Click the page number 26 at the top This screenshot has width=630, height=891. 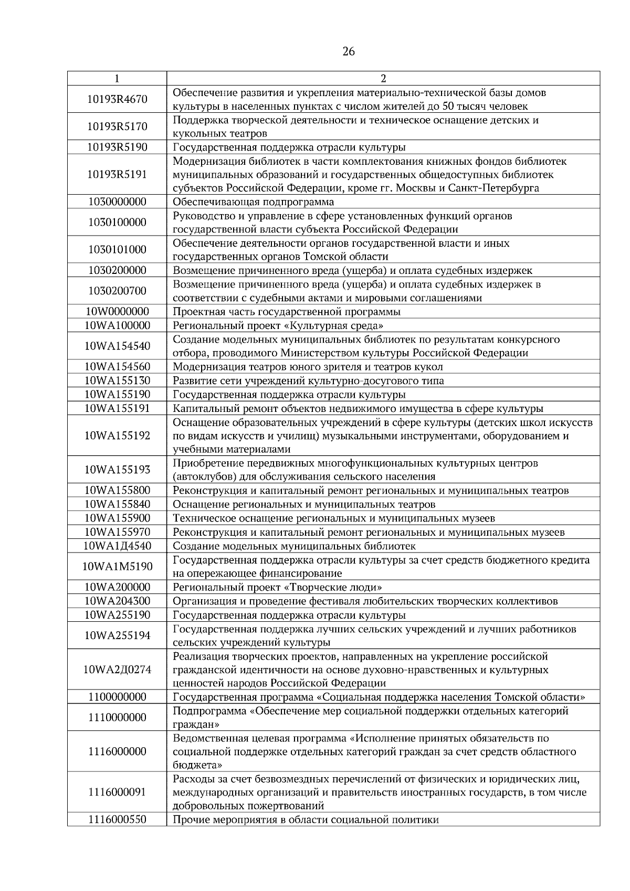point(349,51)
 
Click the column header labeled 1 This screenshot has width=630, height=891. point(117,79)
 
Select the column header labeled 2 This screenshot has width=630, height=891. point(383,79)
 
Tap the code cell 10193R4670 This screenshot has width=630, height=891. point(117,99)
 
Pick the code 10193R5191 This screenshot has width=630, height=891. point(117,174)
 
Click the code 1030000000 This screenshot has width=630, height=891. point(117,202)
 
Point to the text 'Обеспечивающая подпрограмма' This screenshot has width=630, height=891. point(253,202)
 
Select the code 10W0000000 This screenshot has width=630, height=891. point(117,312)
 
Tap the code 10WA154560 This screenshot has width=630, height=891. point(117,367)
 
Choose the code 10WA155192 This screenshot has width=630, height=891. point(117,436)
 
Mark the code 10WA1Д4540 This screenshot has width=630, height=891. point(117,546)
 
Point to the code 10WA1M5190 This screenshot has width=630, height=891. point(117,566)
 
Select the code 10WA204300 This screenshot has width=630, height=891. point(117,601)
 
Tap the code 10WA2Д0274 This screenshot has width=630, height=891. point(117,670)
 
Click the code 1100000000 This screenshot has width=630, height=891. point(117,697)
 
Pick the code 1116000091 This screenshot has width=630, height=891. point(117,792)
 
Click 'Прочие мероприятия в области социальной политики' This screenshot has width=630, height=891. point(306,820)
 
